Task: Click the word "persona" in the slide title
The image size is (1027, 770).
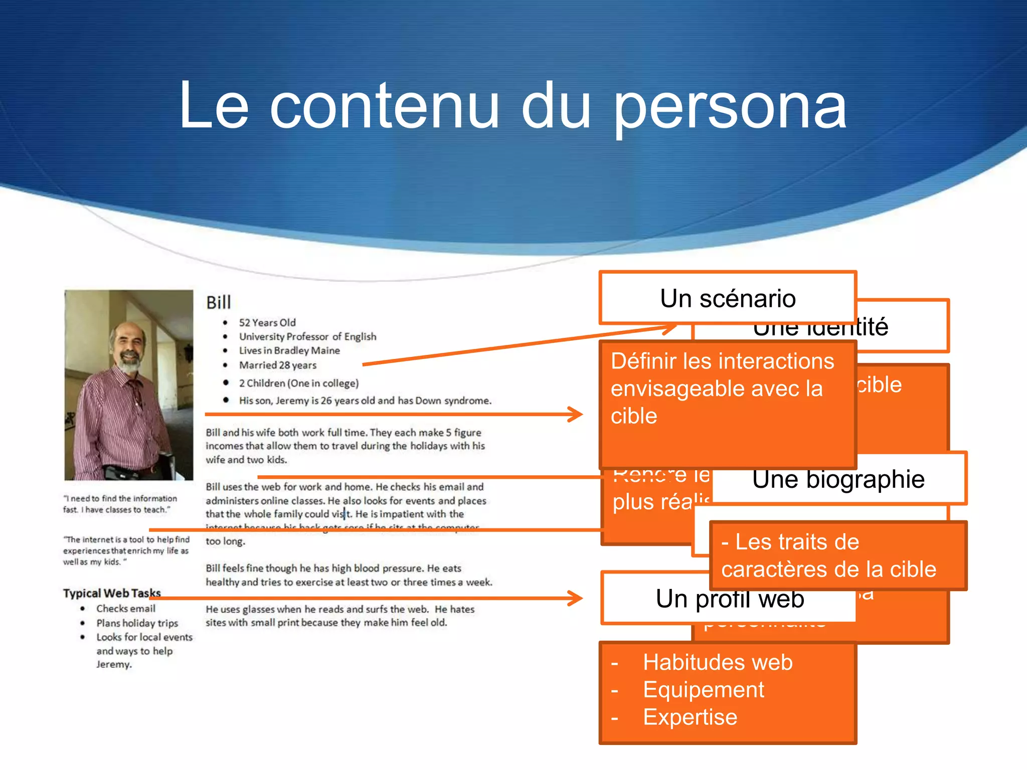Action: (x=730, y=108)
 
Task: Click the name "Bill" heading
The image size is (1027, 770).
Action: (x=219, y=302)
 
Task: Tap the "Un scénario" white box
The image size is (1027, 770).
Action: (x=728, y=299)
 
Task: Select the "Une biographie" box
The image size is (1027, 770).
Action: (x=838, y=479)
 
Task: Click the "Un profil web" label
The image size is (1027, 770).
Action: (x=730, y=599)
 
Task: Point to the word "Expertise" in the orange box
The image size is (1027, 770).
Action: (x=690, y=717)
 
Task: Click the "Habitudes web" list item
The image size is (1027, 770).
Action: (x=718, y=662)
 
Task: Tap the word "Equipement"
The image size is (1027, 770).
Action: (x=704, y=690)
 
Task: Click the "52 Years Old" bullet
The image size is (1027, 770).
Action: (x=267, y=322)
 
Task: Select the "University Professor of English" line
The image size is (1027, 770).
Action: (x=307, y=336)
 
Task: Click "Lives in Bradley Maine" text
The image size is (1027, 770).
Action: (x=289, y=350)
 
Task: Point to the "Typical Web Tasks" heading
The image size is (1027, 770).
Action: (x=112, y=593)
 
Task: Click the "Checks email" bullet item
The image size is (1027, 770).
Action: (x=126, y=609)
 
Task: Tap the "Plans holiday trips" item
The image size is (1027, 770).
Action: (x=137, y=623)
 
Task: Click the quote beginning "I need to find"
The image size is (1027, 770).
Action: (x=120, y=504)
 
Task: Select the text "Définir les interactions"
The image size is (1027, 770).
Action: (x=722, y=361)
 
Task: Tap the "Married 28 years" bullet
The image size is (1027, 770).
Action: (x=277, y=365)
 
